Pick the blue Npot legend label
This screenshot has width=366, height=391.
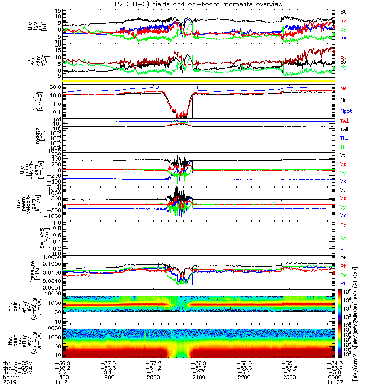tap(345, 111)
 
